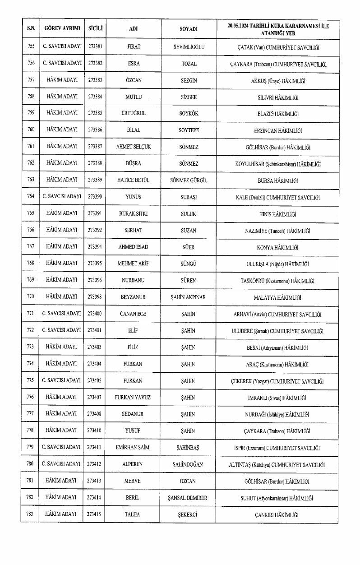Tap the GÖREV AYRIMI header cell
point(62,28)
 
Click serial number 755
point(31,46)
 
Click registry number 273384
point(95,97)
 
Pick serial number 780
point(31,464)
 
